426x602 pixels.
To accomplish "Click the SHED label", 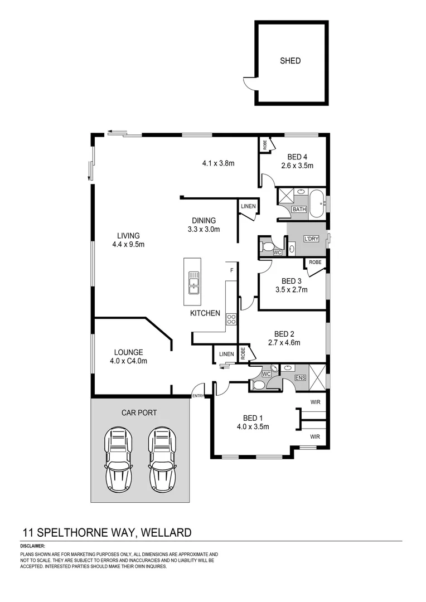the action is click(x=290, y=61).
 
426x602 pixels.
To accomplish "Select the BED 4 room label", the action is click(x=297, y=157).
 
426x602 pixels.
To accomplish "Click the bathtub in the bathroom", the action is click(x=317, y=203).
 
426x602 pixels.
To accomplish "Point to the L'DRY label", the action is click(x=311, y=239).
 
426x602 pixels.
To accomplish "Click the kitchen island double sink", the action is click(x=193, y=283).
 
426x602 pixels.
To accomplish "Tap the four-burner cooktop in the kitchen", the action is click(x=231, y=319).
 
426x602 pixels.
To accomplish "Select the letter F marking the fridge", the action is click(x=231, y=270).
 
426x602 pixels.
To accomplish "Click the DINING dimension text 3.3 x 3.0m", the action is click(x=204, y=230).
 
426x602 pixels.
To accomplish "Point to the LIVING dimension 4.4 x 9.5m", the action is click(x=128, y=244).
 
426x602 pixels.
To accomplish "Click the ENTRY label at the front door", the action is click(x=198, y=396).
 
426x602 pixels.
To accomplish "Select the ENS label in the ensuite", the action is click(x=301, y=378).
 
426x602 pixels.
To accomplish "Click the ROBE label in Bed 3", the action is click(x=315, y=262).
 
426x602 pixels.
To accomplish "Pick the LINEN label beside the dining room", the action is click(x=248, y=206).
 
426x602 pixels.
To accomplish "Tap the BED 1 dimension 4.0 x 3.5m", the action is click(x=253, y=426).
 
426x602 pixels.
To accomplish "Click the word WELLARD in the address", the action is click(x=166, y=532).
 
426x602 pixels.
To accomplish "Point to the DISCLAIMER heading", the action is click(x=32, y=546).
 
